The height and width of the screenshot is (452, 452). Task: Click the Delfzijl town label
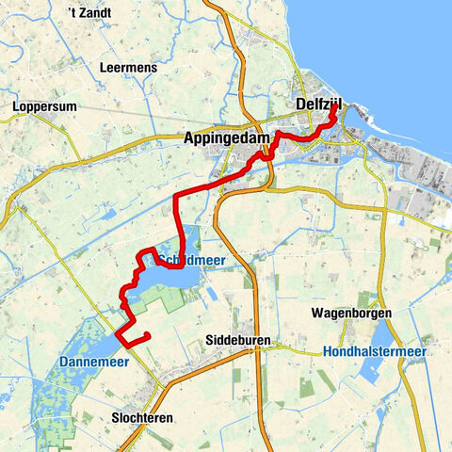click(x=316, y=104)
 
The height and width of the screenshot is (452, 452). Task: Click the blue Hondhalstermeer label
click(x=374, y=351)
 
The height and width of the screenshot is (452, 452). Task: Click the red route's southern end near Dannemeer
click(x=149, y=336)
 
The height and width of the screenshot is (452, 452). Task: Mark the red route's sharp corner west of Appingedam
click(x=176, y=199)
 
